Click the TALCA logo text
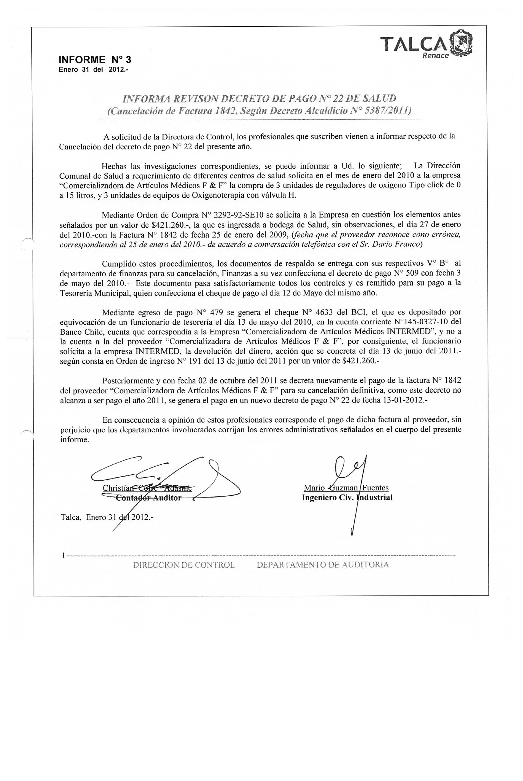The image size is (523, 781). click(x=413, y=43)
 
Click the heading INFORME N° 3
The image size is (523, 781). click(x=95, y=60)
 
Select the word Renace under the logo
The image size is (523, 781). click(x=435, y=56)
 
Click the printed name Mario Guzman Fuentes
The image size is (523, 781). click(x=346, y=488)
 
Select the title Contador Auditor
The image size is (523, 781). click(x=148, y=498)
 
